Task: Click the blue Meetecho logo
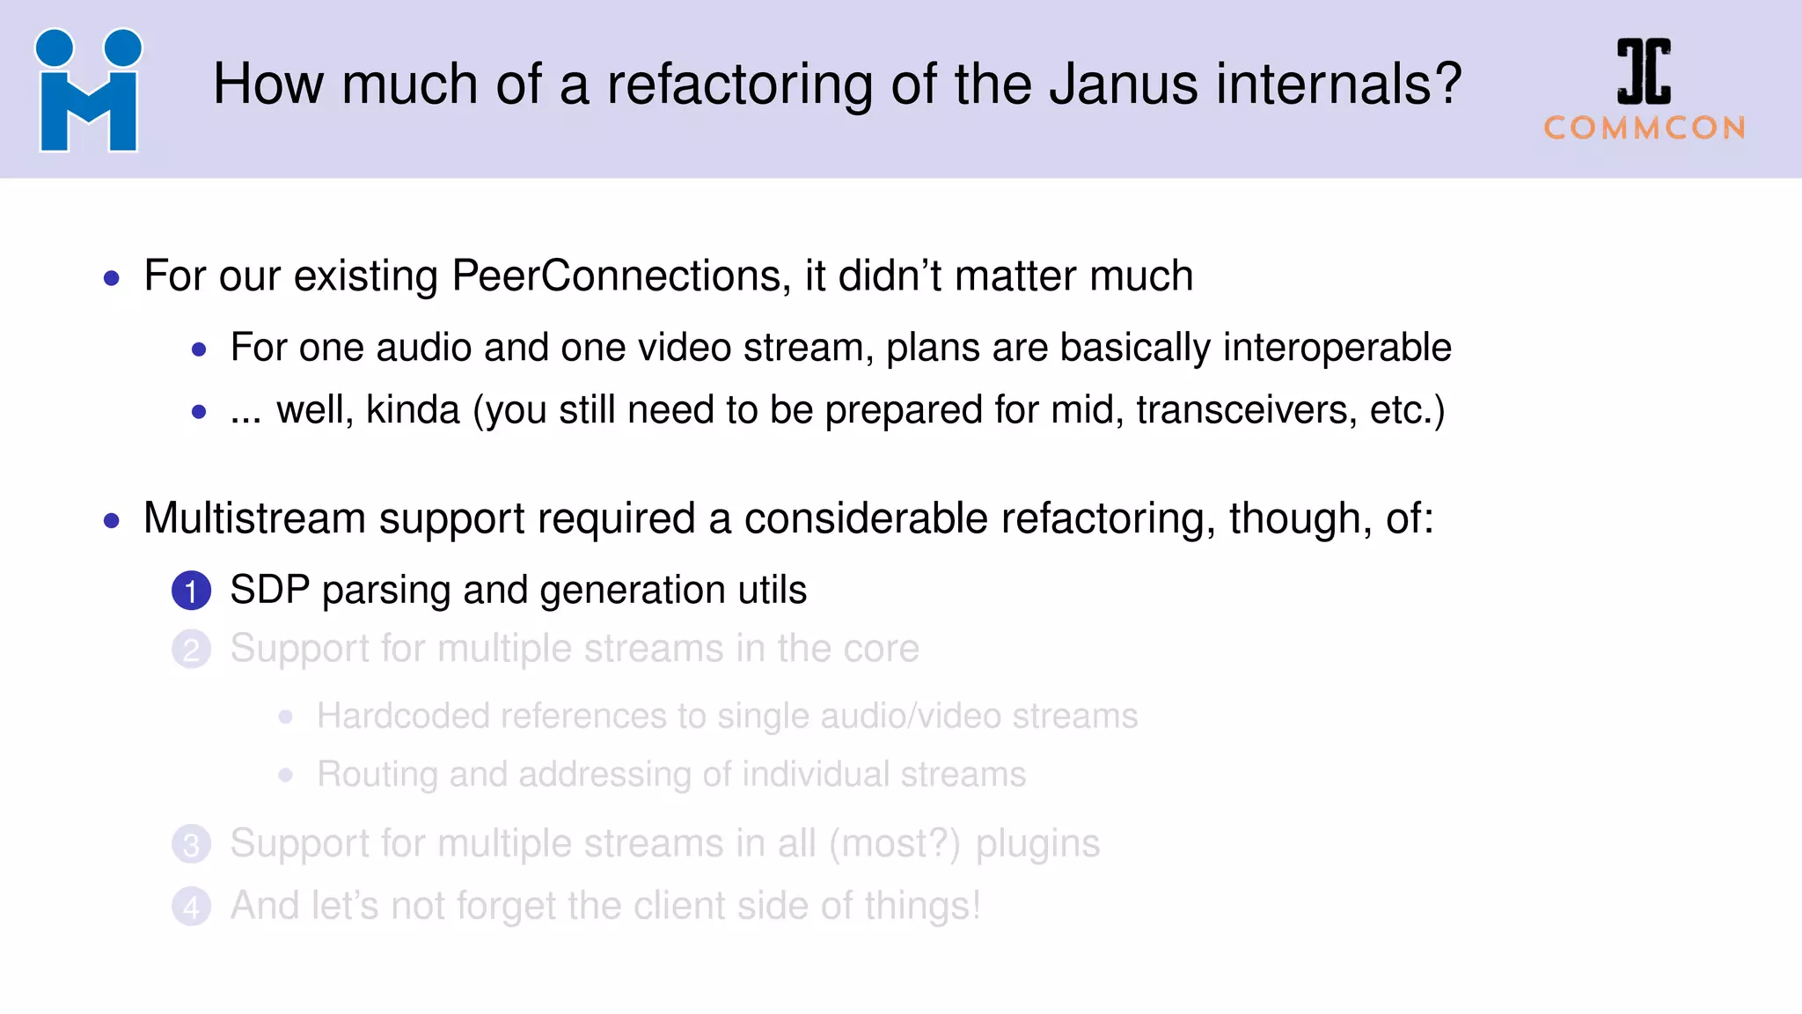(x=88, y=91)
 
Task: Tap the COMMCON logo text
(x=1645, y=129)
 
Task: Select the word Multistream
(x=254, y=518)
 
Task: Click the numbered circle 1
(x=191, y=591)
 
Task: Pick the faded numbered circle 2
(x=191, y=650)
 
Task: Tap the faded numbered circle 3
(x=191, y=845)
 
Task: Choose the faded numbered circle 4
(x=191, y=907)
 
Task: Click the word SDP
(x=269, y=590)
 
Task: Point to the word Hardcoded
(x=404, y=716)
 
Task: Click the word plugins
(x=1037, y=844)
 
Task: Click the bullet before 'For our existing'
(x=112, y=279)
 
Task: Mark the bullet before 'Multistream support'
(x=112, y=521)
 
